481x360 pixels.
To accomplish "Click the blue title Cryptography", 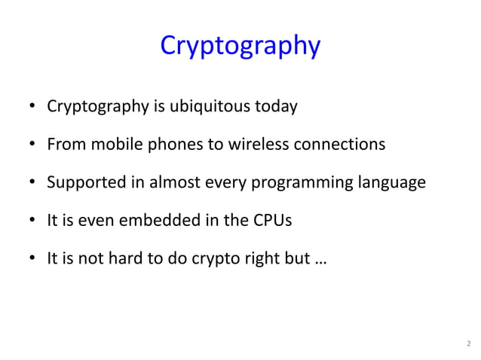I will click(240, 47).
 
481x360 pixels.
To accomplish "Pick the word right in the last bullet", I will click(267, 260).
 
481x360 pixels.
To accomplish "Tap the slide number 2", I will click(467, 346).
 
